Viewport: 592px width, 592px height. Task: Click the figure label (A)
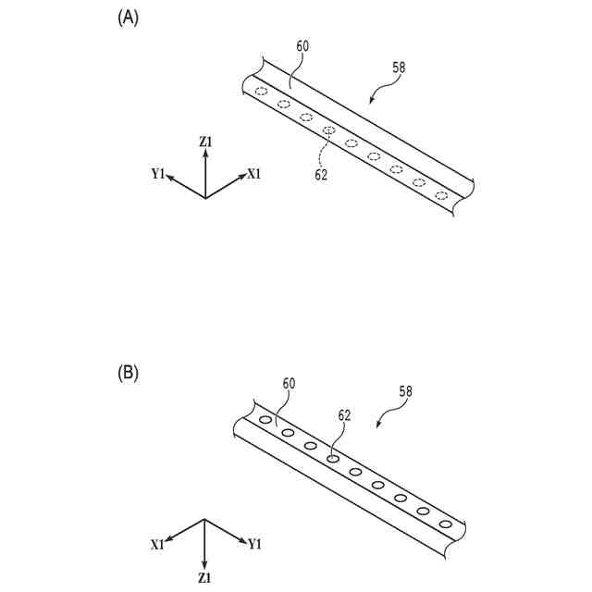click(128, 17)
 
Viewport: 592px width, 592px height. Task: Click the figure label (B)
click(128, 373)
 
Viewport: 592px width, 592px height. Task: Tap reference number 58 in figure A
click(399, 67)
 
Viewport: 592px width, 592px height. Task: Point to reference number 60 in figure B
click(290, 383)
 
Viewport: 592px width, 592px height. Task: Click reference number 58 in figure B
click(405, 391)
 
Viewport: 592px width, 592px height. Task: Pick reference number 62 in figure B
click(343, 416)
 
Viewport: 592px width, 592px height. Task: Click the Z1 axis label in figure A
click(205, 142)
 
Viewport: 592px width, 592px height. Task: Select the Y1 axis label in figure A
click(158, 173)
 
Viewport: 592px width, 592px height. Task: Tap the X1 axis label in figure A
click(254, 173)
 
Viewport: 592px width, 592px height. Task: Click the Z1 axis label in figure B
click(204, 577)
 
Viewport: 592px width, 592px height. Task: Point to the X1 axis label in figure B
click(158, 544)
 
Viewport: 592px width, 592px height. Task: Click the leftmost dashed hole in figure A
click(262, 92)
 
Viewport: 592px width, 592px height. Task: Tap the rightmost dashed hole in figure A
click(441, 195)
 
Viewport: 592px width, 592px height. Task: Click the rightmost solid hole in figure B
click(446, 524)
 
